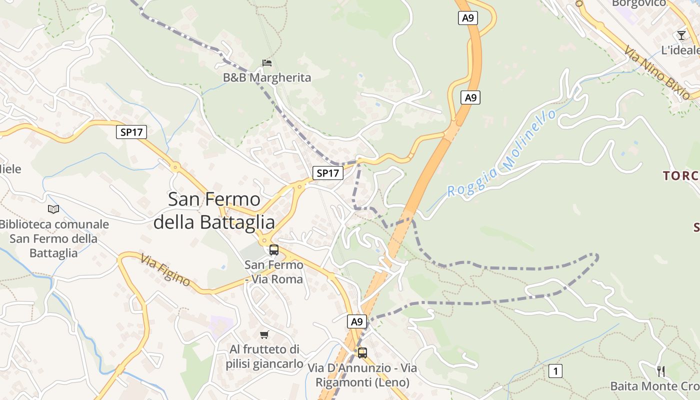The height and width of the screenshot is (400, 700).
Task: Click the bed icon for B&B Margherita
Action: point(267,62)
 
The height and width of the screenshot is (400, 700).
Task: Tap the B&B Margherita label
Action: point(267,77)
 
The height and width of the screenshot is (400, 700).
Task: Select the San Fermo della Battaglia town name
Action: point(214,210)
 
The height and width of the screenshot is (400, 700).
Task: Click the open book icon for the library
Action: point(53,209)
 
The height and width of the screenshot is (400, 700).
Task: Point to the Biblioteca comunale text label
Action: point(53,238)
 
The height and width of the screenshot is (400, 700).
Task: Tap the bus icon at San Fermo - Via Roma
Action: point(274,249)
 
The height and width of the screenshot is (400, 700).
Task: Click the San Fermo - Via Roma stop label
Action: point(274,271)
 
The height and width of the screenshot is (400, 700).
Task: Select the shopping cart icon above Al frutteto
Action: point(264,334)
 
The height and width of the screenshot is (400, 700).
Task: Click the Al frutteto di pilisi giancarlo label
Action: point(264,356)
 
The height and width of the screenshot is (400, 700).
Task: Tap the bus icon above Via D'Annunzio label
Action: point(362,352)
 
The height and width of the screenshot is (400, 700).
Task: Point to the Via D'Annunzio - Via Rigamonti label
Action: point(362,375)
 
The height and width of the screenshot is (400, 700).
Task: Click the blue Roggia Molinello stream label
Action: point(501,153)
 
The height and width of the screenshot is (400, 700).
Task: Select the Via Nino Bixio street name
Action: point(656,72)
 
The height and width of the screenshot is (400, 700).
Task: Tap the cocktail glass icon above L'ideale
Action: point(681,35)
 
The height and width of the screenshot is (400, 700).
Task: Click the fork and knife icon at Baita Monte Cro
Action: point(661,371)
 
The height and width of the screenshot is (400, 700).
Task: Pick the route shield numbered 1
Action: point(555,371)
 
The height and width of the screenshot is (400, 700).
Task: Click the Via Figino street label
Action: point(165,270)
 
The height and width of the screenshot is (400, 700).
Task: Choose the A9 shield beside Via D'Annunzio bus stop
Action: point(357,321)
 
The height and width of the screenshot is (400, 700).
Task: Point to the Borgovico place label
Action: point(638,3)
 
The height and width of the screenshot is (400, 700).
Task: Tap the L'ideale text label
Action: point(680,50)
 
